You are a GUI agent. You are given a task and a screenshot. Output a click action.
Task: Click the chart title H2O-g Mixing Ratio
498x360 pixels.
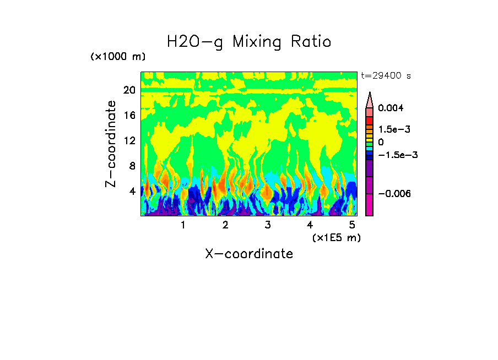249,42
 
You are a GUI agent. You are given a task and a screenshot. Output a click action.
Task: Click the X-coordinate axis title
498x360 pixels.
249,254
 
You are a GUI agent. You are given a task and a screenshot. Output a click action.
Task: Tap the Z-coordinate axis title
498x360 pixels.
111,144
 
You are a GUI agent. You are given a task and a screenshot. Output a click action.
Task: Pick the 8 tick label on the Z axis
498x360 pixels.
132,166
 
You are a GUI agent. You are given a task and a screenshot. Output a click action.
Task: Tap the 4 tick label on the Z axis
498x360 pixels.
132,192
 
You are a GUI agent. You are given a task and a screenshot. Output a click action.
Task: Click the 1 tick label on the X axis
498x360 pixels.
183,225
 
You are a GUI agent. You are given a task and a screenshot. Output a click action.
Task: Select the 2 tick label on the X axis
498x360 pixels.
225,225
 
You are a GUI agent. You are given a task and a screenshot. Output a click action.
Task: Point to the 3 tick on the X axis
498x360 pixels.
267,225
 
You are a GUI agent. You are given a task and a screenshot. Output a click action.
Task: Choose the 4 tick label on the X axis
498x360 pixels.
310,225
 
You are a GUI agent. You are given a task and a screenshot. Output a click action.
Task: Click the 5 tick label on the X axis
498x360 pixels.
351,225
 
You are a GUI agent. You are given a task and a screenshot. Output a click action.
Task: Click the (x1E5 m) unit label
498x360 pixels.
336,237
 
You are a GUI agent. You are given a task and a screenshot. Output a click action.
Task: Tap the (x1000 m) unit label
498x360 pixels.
118,57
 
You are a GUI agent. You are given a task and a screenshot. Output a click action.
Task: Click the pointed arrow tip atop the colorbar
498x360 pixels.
370,95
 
